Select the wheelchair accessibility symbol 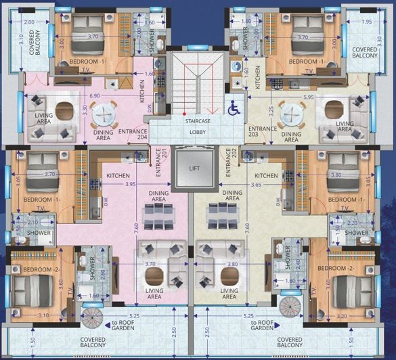(x=234, y=107)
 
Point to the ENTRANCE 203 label (x=261, y=132)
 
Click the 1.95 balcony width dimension (x=366, y=22)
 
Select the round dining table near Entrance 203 (x=292, y=113)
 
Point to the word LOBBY (x=198, y=133)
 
